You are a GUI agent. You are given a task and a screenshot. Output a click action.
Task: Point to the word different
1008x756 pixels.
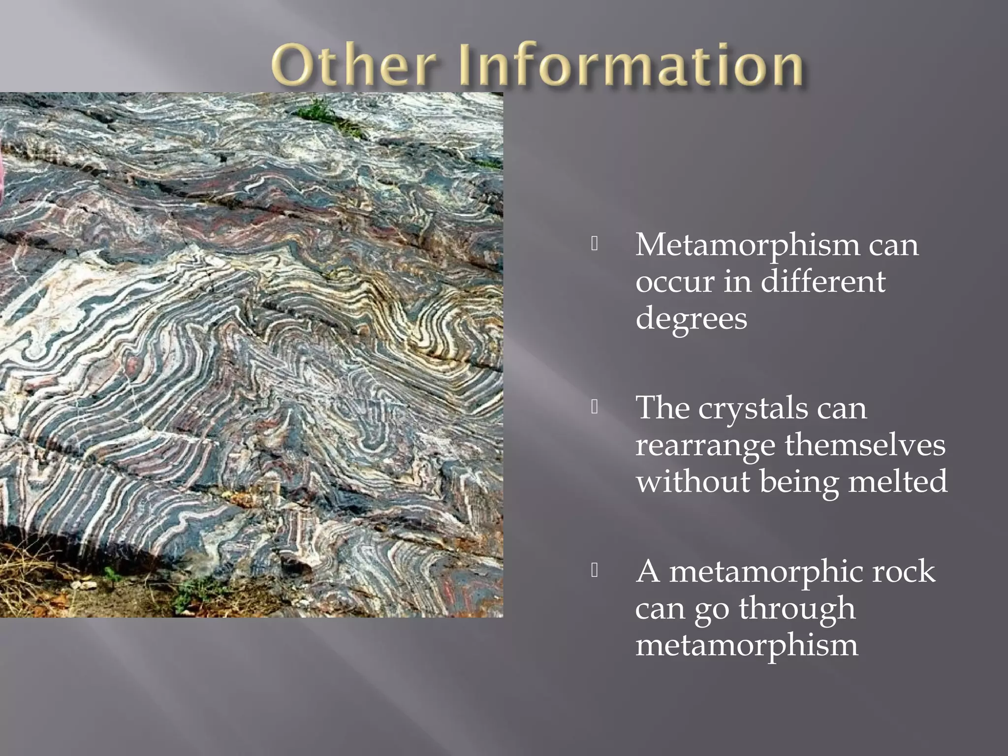(822, 282)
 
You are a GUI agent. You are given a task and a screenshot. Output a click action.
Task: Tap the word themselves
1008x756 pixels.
(865, 445)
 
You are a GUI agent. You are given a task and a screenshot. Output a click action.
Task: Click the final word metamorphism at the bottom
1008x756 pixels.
(747, 645)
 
